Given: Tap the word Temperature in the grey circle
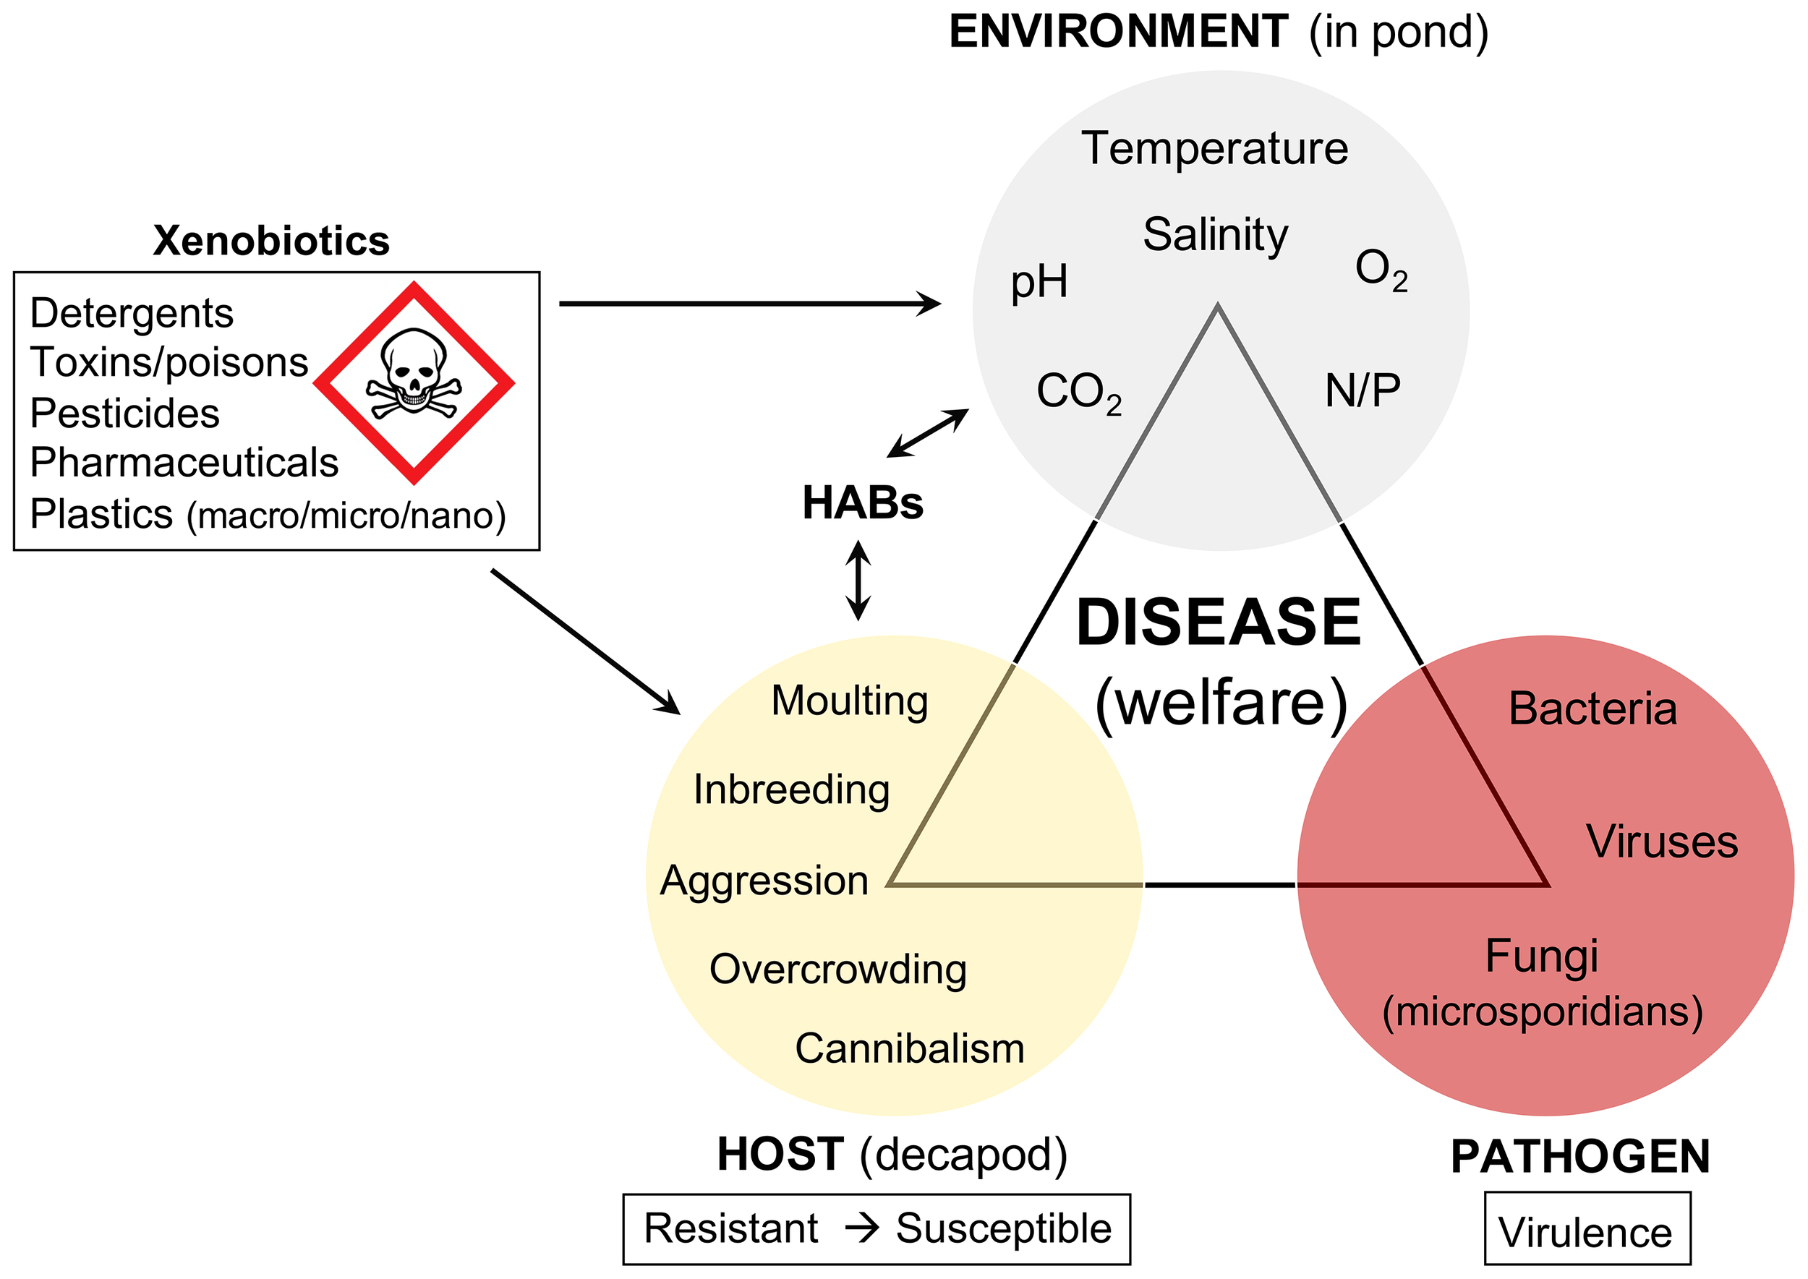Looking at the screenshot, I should [x=1214, y=149].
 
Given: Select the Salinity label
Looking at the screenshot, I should [x=1215, y=236].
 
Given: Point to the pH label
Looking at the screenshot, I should [x=1039, y=282].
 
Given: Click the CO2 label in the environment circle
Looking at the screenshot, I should [x=1078, y=391].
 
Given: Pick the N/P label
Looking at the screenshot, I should [x=1362, y=390].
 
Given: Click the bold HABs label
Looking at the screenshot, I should [x=862, y=503].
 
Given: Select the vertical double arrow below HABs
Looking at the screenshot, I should [x=858, y=581].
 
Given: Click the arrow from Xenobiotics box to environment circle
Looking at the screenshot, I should [x=749, y=303].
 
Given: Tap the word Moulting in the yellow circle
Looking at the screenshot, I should [x=849, y=701].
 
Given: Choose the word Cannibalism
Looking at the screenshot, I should [x=909, y=1049].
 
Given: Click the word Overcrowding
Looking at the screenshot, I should [x=837, y=970].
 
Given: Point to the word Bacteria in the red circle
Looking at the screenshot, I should [x=1592, y=709].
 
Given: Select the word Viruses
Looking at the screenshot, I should [x=1661, y=842].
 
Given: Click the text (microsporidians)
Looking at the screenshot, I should [x=1542, y=1012].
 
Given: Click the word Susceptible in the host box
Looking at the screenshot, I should [x=1003, y=1228].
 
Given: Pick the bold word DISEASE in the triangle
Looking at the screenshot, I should [x=1218, y=623].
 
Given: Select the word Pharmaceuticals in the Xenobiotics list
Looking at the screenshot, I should [x=184, y=463].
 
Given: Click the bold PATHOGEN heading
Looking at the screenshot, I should [x=1579, y=1157].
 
